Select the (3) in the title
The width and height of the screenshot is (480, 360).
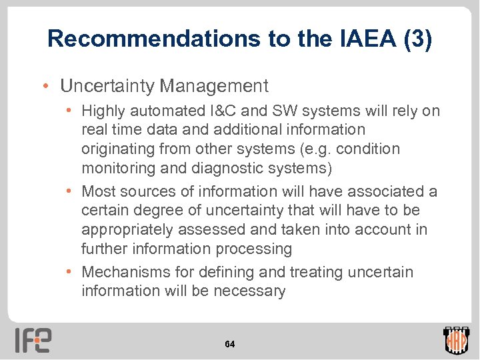point(417,39)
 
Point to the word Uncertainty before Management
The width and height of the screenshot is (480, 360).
point(107,86)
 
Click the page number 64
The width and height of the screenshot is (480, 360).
point(229,344)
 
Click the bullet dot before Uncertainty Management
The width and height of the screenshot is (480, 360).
point(45,86)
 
